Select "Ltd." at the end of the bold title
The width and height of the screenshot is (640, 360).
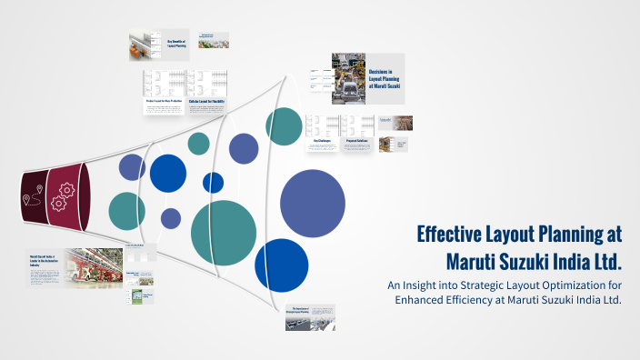point(603,261)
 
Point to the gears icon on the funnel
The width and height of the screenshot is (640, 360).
point(65,192)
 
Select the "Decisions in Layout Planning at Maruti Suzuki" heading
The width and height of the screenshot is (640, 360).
point(385,79)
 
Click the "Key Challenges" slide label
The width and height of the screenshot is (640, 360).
point(325,142)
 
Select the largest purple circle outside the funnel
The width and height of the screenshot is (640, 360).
point(313,205)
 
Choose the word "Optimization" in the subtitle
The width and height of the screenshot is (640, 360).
point(543,286)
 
